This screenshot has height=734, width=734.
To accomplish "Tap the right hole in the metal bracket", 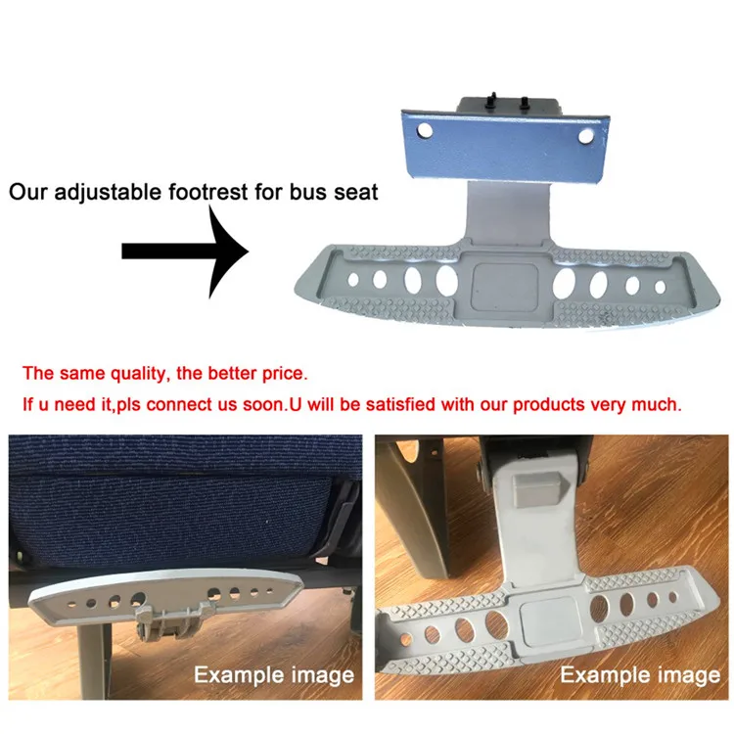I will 588,135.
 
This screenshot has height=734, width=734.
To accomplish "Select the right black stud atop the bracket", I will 525,100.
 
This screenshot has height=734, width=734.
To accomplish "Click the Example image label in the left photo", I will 273,675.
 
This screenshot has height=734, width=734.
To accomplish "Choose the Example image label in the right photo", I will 640,675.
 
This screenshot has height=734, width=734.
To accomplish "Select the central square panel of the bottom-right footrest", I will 542,621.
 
